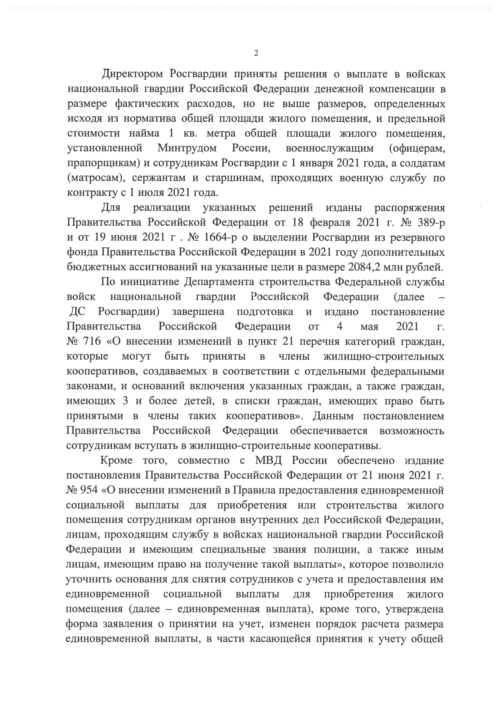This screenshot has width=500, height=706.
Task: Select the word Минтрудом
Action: click(x=187, y=148)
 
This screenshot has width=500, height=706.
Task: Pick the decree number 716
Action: click(x=91, y=342)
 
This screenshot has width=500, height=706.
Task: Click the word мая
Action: click(x=369, y=327)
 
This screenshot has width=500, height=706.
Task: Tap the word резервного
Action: click(x=417, y=237)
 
